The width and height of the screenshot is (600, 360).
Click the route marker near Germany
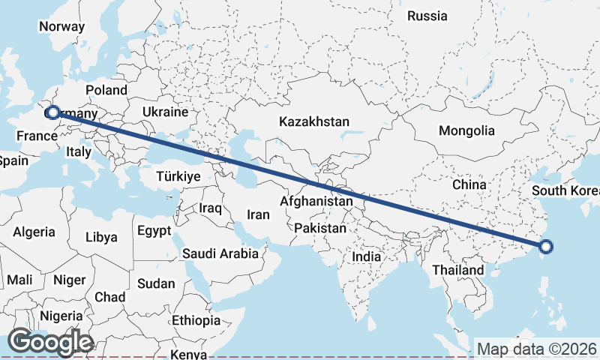52,112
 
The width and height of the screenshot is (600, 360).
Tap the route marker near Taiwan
546,246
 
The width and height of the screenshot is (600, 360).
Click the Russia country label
427,16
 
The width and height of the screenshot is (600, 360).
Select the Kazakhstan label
314,121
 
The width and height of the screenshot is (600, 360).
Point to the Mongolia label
466,130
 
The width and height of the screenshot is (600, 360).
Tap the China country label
469,184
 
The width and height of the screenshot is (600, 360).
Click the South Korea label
565,190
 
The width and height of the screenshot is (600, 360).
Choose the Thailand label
458,269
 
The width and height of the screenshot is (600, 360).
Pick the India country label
367,256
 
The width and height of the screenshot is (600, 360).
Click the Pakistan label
320,228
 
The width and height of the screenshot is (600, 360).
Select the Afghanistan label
316,201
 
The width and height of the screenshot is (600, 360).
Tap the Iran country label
258,214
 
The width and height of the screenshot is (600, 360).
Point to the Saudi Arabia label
220,254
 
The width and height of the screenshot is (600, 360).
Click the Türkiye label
178,177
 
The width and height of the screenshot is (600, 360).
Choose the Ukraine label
165,112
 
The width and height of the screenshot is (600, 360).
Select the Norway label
61,26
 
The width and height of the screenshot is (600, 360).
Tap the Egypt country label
154,232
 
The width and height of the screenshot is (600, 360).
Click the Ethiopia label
196,320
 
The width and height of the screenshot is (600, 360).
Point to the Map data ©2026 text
536,349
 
